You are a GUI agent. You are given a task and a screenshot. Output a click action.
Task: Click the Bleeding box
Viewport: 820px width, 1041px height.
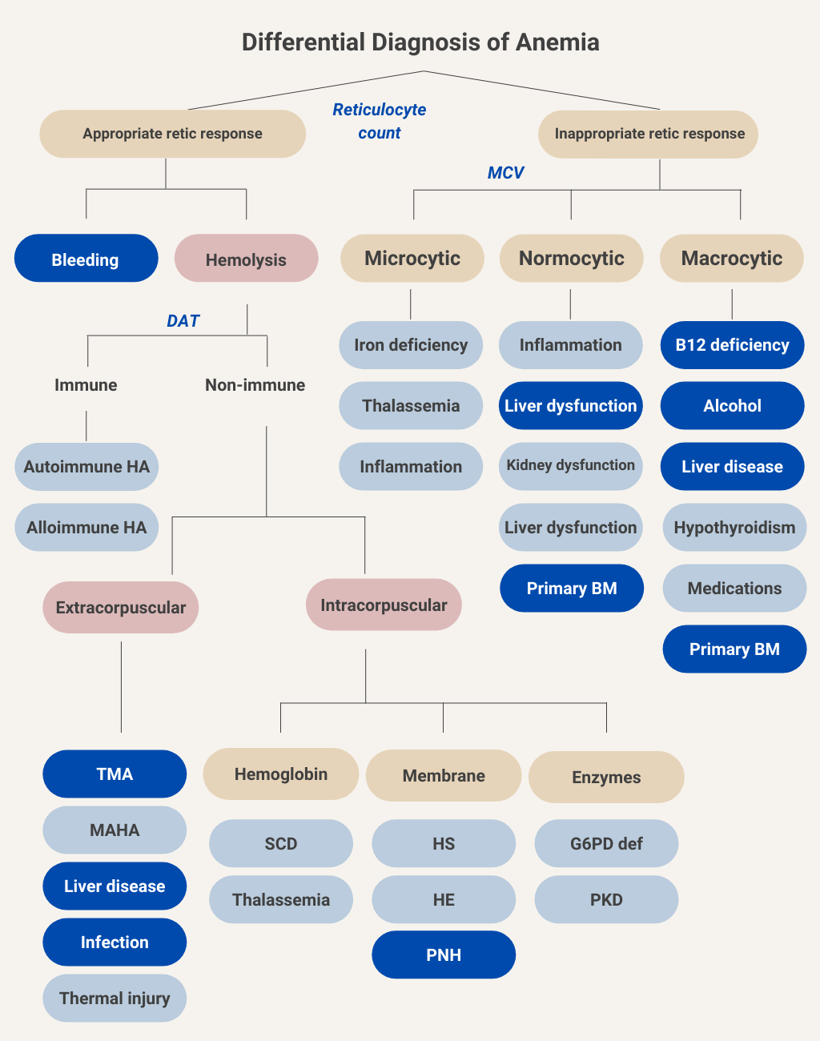tap(86, 259)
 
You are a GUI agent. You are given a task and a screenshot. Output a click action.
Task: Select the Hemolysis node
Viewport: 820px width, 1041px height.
tap(246, 259)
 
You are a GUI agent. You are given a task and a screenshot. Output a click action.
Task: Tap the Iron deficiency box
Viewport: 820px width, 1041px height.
tap(411, 345)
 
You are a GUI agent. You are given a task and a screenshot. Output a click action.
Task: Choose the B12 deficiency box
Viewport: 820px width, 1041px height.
tap(732, 345)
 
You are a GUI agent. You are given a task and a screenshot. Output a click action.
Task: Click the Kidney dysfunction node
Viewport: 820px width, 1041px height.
tap(570, 466)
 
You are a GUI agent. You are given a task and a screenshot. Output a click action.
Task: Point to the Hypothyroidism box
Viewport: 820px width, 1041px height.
tap(734, 528)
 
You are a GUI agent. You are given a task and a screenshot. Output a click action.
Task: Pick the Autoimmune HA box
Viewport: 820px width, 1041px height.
tap(86, 467)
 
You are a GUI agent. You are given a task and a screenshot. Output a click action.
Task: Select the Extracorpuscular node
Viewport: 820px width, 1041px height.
tap(120, 608)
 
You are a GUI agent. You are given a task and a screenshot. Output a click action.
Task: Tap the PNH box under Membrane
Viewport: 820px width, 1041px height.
tap(444, 955)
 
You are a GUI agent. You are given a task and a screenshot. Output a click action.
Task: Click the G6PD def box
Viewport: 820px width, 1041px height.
tap(606, 843)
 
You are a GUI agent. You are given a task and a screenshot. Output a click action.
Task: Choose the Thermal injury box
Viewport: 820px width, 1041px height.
tap(115, 998)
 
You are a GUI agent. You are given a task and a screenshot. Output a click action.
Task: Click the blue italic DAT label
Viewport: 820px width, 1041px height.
tap(183, 321)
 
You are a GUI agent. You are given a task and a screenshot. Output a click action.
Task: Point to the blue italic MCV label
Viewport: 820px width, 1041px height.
tap(505, 173)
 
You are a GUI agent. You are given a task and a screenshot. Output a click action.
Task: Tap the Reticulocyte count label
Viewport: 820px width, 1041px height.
tap(380, 121)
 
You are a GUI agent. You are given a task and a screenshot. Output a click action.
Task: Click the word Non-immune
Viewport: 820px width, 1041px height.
tap(255, 385)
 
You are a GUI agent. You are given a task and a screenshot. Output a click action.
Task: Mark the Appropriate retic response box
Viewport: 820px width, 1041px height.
tap(172, 134)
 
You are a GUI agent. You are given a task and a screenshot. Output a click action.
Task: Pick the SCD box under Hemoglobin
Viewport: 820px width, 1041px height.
tap(280, 843)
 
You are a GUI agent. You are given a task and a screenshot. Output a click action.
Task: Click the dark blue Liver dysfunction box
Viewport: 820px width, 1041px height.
tap(570, 406)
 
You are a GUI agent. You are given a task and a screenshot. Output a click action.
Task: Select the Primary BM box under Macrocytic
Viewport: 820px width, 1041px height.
tap(734, 649)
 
